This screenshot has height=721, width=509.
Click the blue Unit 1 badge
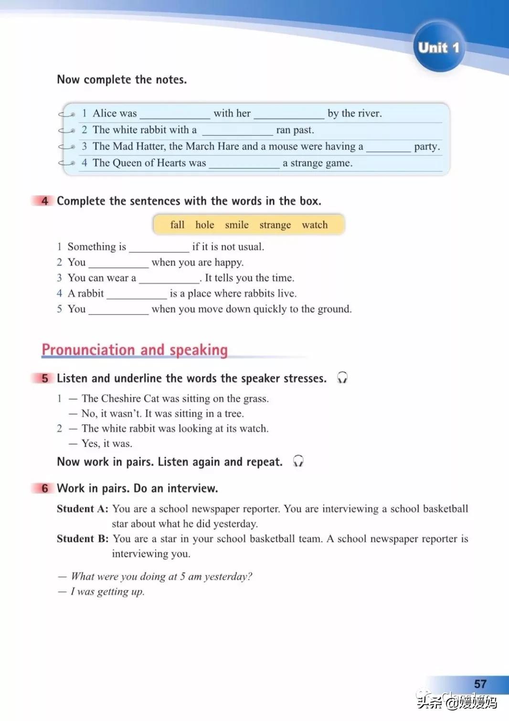(x=438, y=47)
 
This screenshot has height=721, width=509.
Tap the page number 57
(x=480, y=684)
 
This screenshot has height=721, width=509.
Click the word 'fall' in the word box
(x=177, y=225)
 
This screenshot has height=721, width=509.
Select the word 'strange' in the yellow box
(x=275, y=225)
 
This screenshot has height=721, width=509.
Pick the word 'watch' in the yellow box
(x=315, y=225)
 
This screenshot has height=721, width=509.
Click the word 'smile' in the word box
(x=237, y=225)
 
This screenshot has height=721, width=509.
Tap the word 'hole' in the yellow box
(x=205, y=225)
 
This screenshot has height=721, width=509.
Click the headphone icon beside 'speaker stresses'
(x=342, y=378)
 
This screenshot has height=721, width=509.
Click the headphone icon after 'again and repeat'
(x=298, y=462)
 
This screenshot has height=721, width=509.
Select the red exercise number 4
(x=44, y=201)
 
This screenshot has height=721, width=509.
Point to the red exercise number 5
(x=44, y=378)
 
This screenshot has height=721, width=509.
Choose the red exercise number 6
(x=44, y=488)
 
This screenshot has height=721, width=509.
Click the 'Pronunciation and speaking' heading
(x=135, y=350)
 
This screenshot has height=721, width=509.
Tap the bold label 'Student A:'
(x=83, y=509)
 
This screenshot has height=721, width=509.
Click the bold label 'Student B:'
(x=83, y=539)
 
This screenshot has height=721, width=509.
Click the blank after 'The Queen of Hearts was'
(x=244, y=164)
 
